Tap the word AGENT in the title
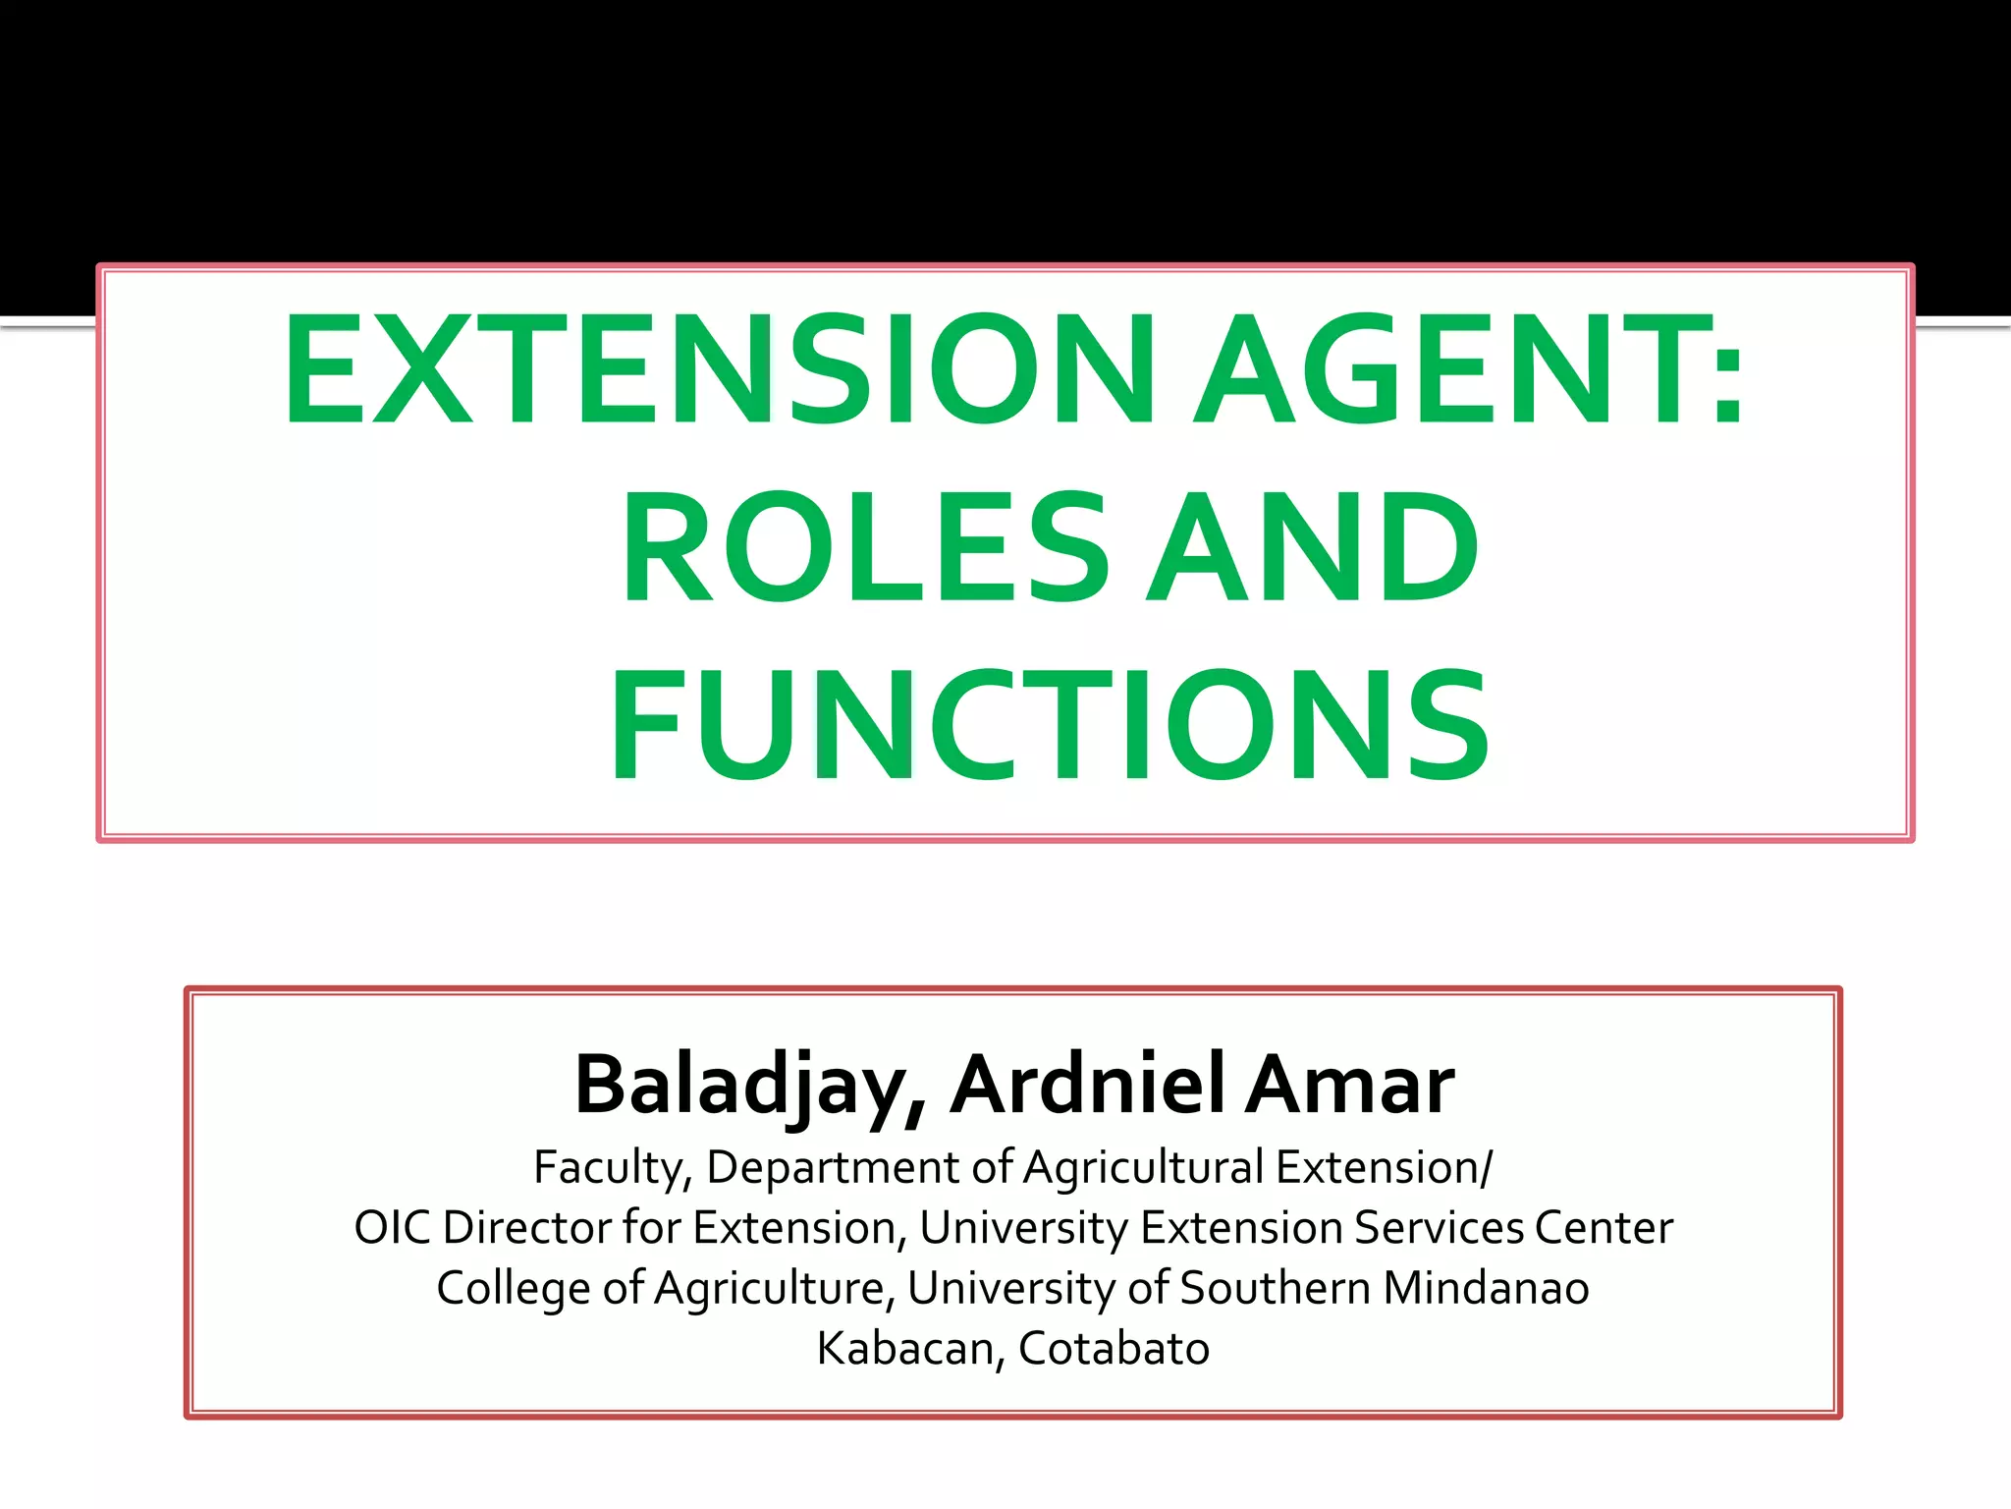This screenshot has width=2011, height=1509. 1443,370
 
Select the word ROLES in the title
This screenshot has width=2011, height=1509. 864,547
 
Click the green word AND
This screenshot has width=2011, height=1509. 1312,547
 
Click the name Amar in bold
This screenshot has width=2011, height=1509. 1350,1086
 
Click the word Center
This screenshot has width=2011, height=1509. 1603,1228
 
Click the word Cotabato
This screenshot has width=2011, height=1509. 1114,1349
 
